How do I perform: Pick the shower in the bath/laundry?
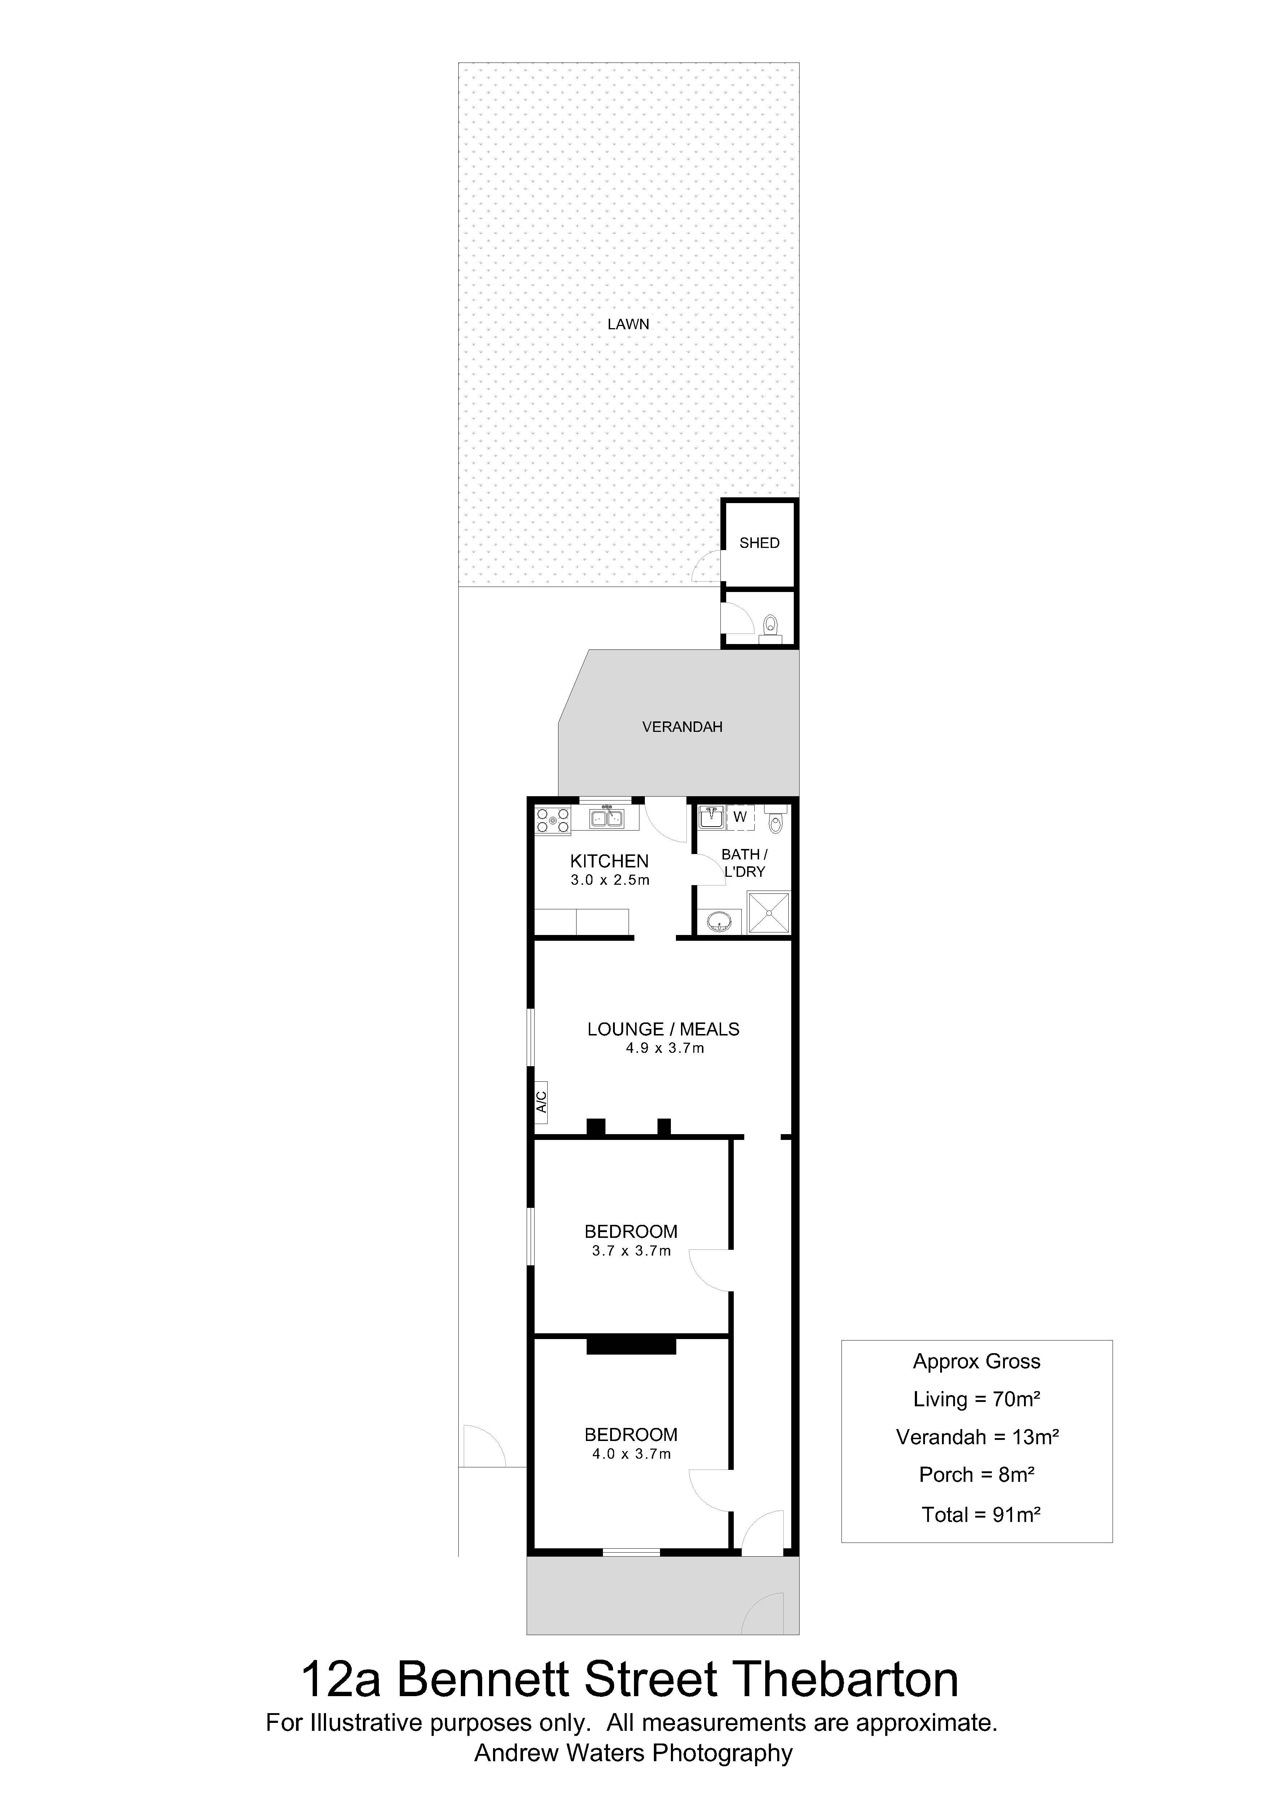click(769, 913)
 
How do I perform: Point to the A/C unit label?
click(541, 1102)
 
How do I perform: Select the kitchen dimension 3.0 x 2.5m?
click(610, 880)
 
